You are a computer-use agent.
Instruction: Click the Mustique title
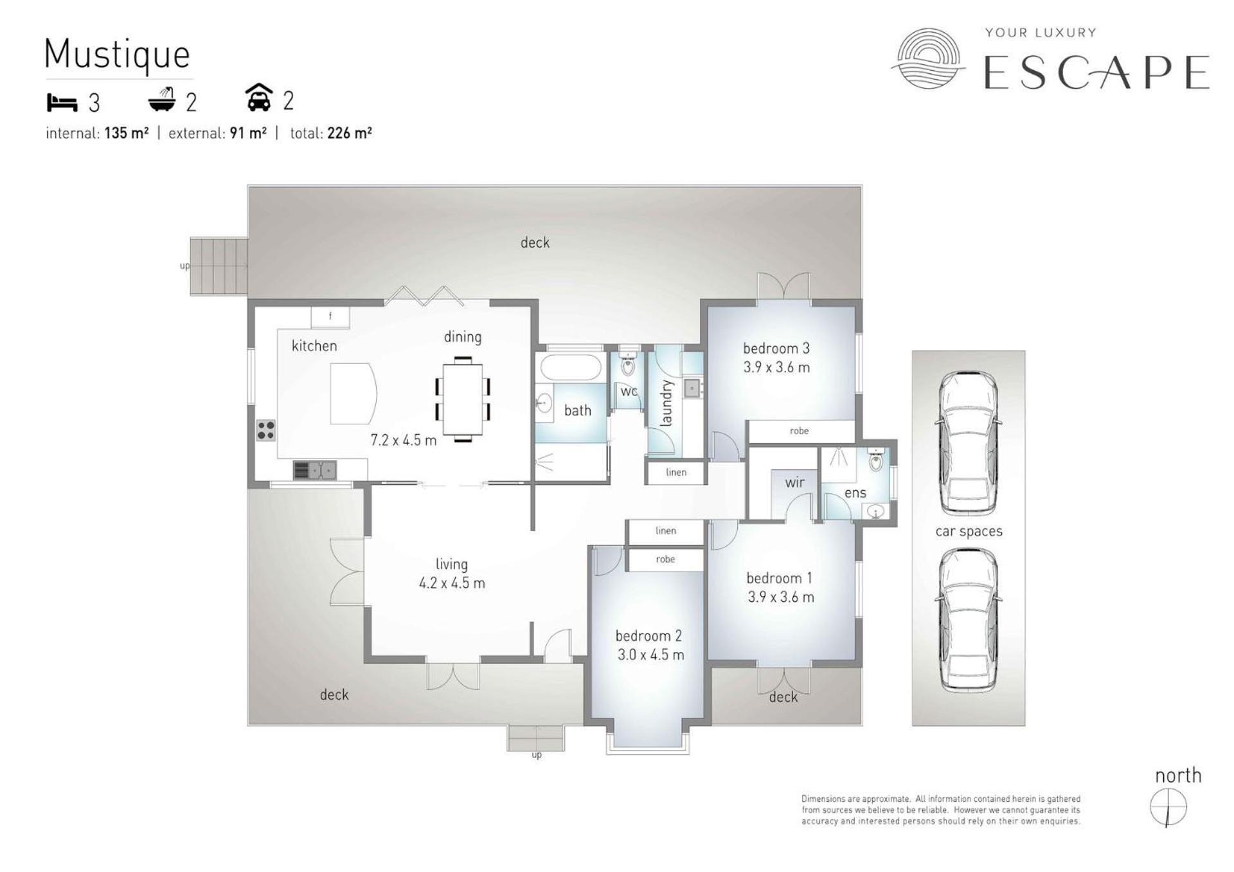tap(118, 55)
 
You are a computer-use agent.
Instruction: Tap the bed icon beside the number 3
tap(62, 102)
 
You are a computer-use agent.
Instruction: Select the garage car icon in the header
tap(259, 98)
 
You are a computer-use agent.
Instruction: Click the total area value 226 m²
tap(350, 133)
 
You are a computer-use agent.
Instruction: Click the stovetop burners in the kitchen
tap(266, 430)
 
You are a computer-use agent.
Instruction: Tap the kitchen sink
tap(315, 470)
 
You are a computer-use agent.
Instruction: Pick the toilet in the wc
tap(627, 365)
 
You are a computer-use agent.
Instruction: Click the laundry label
tap(666, 403)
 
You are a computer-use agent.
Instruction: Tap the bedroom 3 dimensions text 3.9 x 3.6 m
tap(776, 368)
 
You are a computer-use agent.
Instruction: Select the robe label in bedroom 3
tap(800, 431)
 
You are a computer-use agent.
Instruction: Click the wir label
tap(794, 482)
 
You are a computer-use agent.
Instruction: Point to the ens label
tap(855, 493)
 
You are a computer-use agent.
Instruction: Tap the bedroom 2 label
tap(648, 636)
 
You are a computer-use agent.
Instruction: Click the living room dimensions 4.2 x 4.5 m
tap(452, 584)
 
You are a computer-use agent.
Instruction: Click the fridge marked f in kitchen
tap(330, 317)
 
